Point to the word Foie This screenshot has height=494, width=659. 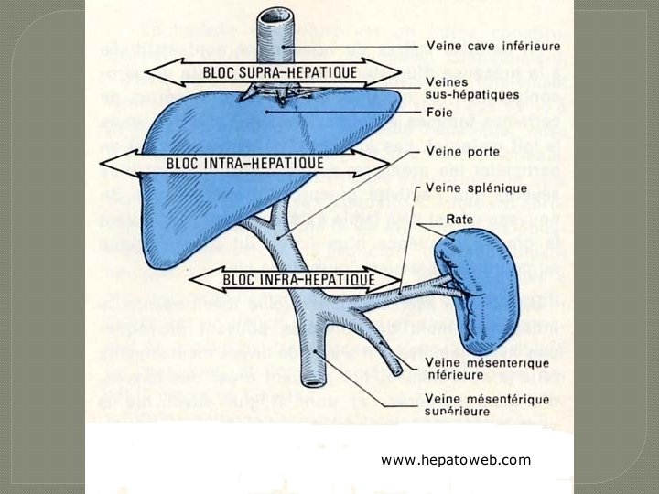point(440,113)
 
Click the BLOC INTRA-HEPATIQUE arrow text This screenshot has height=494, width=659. point(245,163)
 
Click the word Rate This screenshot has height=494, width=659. point(459,220)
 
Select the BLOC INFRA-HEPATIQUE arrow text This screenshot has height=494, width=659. point(301,278)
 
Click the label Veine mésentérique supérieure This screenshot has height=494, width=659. point(473,405)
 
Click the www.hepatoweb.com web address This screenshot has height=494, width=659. point(456,460)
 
